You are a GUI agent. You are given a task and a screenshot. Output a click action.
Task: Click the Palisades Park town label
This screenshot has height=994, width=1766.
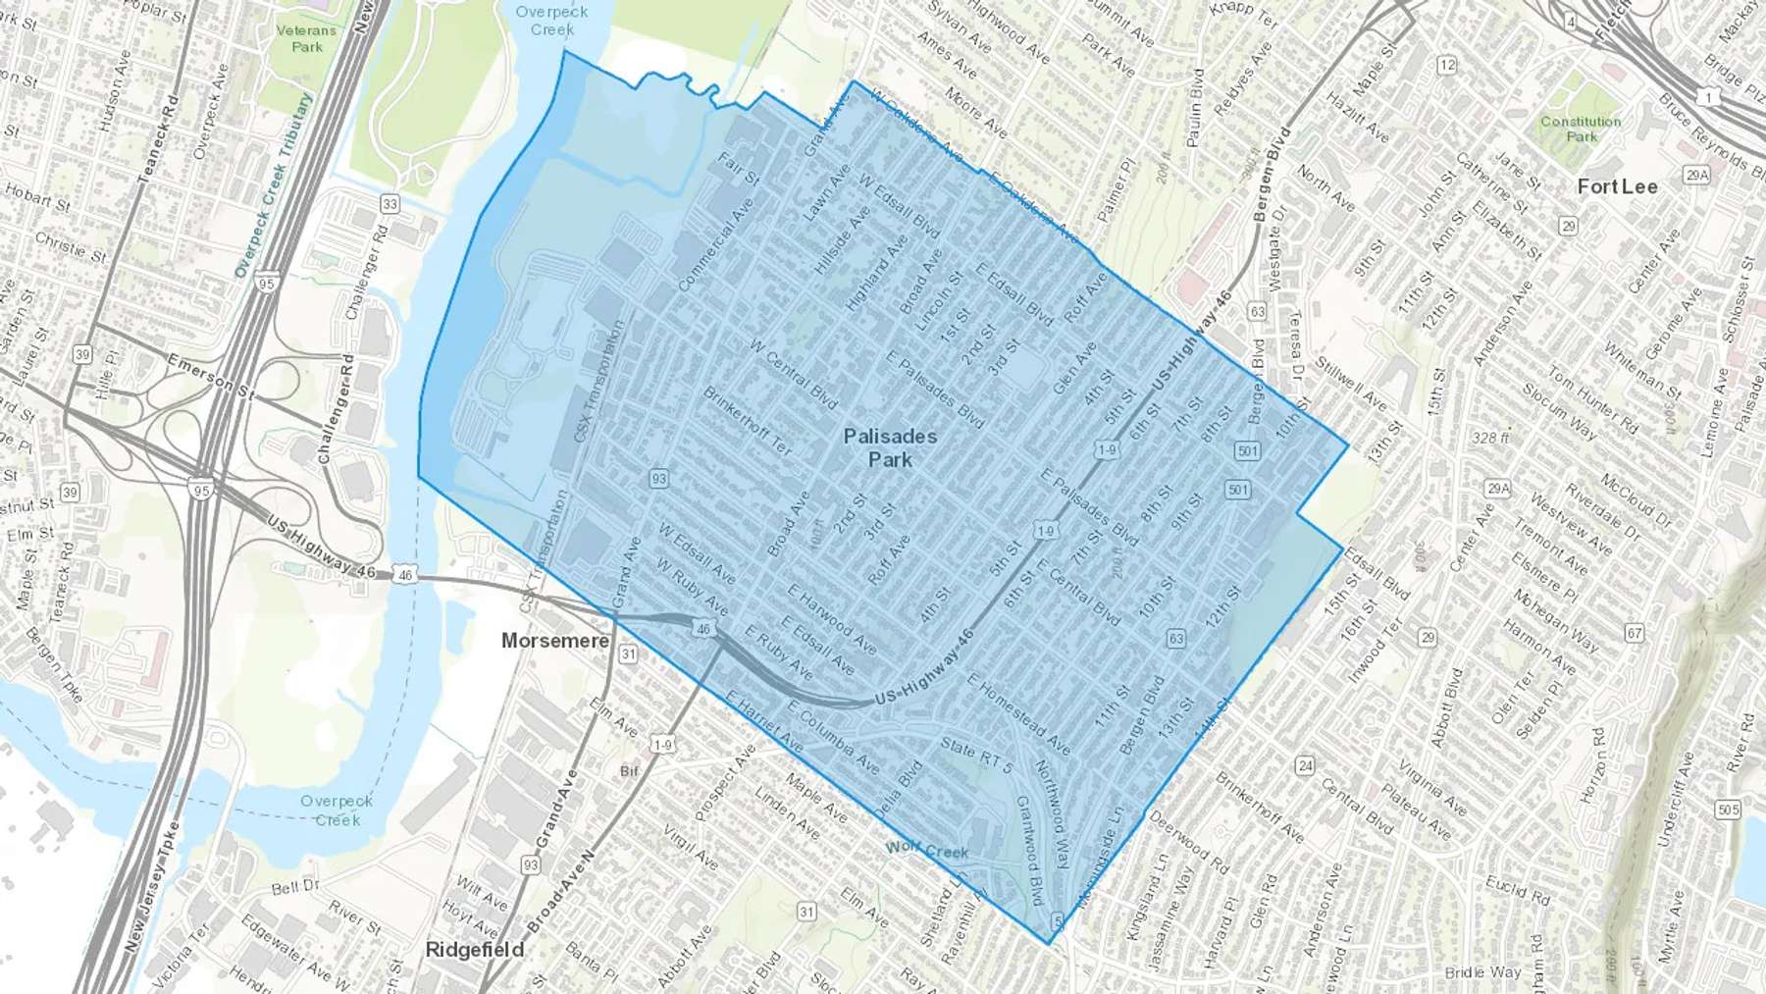click(890, 447)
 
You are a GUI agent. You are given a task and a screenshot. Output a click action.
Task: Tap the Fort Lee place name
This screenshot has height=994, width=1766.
click(1617, 186)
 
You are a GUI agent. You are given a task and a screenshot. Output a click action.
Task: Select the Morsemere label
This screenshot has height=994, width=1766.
click(555, 641)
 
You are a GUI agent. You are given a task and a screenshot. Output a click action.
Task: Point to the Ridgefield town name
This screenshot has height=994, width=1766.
click(474, 949)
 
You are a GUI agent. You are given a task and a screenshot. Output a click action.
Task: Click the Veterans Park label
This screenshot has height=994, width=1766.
click(306, 38)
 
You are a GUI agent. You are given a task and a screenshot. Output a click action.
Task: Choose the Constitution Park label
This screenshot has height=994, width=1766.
click(1581, 129)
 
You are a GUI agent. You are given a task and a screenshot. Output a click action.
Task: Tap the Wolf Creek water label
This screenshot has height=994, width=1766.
click(926, 850)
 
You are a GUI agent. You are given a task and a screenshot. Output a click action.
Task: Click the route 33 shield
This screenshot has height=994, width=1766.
click(390, 204)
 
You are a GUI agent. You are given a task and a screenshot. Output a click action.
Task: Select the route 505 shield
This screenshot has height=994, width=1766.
click(1728, 810)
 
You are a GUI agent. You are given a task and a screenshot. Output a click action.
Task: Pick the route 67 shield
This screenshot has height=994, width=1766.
click(1634, 633)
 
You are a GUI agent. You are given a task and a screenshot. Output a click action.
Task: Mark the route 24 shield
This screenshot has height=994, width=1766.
click(1304, 765)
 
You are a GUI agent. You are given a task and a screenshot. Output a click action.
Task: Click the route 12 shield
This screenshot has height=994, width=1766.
click(1446, 65)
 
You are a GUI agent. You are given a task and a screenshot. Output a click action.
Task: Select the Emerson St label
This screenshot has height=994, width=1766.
click(210, 378)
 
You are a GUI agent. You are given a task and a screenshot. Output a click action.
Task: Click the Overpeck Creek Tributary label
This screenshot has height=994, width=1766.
click(273, 186)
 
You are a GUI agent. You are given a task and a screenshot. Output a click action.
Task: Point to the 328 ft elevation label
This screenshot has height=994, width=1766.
click(1490, 438)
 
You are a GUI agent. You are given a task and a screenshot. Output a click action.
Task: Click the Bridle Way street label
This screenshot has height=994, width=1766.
click(1482, 972)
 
